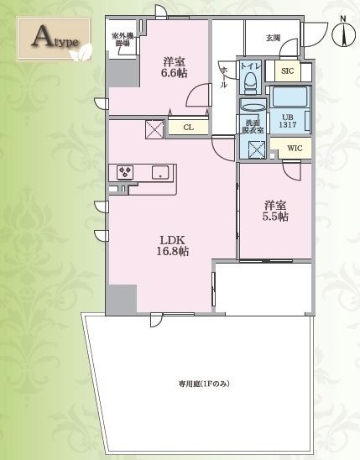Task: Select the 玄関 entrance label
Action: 273,38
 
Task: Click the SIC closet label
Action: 286,72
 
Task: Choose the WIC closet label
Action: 294,148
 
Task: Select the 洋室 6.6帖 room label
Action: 175,67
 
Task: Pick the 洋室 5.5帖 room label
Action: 275,210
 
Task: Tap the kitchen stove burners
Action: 126,172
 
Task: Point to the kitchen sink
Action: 159,173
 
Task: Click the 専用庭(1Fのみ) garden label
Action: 203,384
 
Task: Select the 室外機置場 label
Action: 123,40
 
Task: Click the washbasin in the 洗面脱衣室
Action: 252,107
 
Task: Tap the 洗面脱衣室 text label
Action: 253,126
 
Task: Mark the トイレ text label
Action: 250,65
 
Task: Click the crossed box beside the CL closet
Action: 155,129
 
